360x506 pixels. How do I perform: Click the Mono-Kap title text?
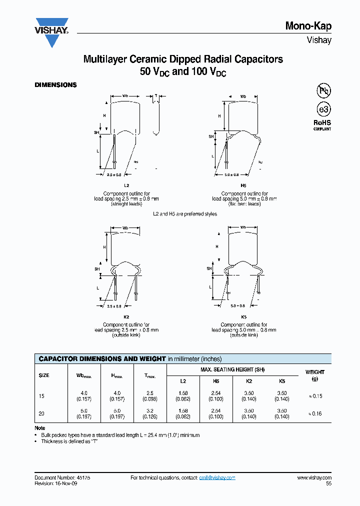tap(308, 26)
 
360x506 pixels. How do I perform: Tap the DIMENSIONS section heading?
tap(55, 85)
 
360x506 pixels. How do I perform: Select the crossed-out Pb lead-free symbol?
tap(323, 90)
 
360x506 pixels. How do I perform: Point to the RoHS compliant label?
tap(322, 124)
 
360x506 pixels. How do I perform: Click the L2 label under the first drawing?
tap(119, 185)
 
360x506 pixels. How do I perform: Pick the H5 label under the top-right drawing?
tap(244, 185)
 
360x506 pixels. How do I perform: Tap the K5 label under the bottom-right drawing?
tap(244, 317)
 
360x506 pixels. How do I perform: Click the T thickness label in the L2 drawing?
tap(155, 95)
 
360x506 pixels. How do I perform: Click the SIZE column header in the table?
tap(44, 375)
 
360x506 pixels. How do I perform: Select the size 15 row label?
tap(41, 396)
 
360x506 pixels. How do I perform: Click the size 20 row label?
tap(41, 413)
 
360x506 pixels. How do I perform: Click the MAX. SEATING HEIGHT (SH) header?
tap(232, 369)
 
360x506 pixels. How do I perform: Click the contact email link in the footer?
tap(217, 478)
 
